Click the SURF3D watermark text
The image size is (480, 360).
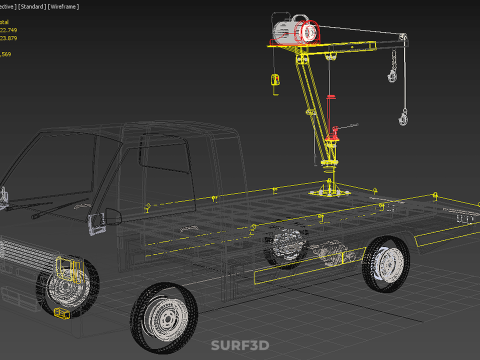coord(240,347)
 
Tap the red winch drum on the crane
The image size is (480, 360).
coord(308,32)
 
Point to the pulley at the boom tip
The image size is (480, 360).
coord(404,39)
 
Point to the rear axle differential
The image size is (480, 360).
coord(331,250)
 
